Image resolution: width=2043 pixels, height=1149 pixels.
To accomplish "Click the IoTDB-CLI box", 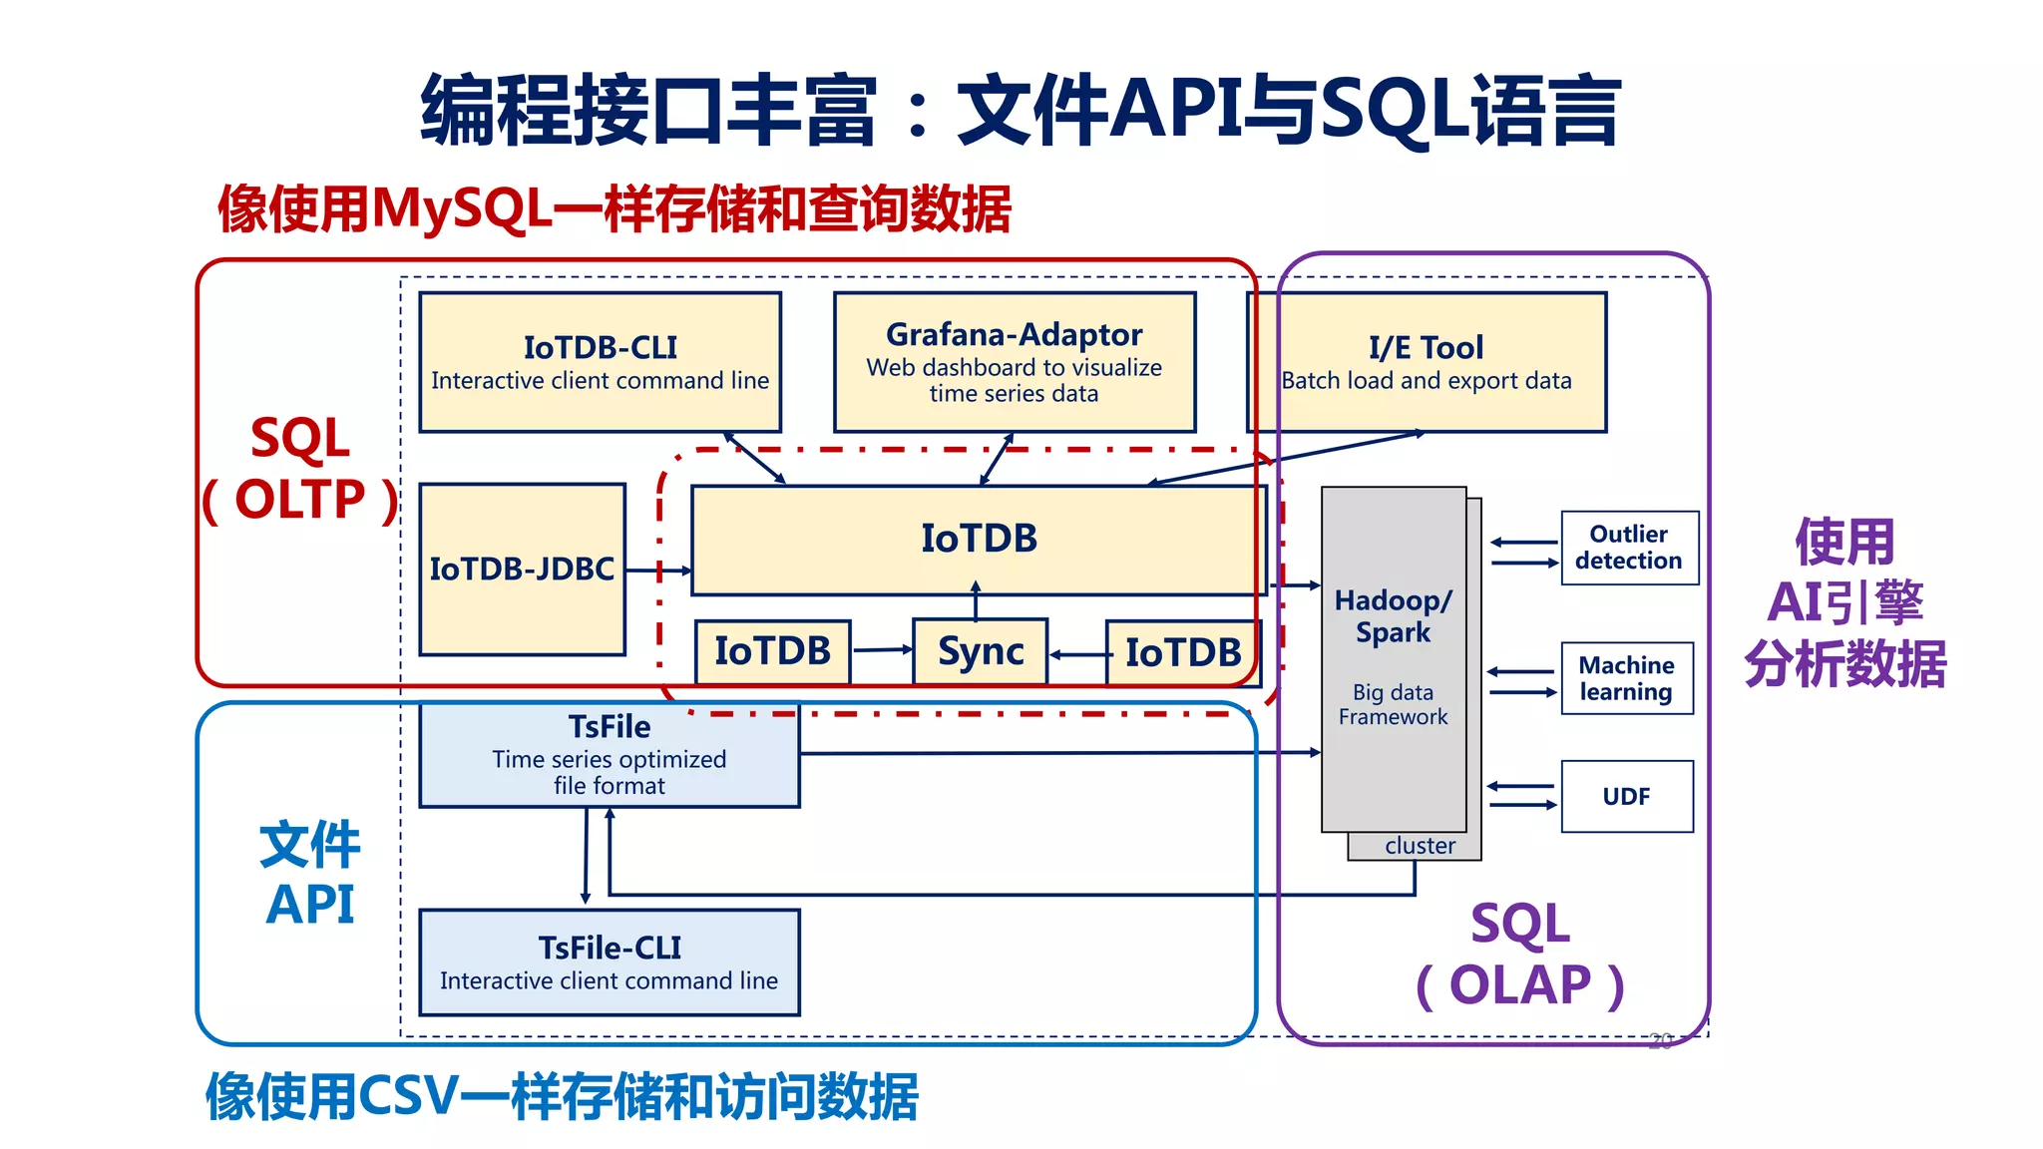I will tap(600, 362).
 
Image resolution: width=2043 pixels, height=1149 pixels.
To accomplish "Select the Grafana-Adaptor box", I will tap(1014, 362).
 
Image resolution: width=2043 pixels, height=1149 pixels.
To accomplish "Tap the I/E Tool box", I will tap(1427, 362).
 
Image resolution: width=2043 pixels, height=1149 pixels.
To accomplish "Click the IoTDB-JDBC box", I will tap(522, 570).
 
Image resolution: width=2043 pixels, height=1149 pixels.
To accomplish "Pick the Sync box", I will tap(980, 651).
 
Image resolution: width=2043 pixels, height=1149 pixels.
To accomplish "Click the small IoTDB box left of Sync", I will tap(772, 651).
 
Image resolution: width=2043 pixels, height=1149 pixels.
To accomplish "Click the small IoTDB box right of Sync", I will tap(1182, 652).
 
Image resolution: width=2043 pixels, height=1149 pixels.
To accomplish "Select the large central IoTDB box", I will tap(978, 540).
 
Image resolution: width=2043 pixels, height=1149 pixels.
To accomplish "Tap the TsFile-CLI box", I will tap(609, 962).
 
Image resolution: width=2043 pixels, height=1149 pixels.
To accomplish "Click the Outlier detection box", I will tap(1628, 548).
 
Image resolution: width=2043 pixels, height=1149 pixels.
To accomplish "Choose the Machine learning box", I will tap(1626, 678).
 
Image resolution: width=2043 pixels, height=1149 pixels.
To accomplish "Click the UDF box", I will tap(1626, 796).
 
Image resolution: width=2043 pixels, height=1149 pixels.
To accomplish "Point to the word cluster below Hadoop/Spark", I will tap(1420, 846).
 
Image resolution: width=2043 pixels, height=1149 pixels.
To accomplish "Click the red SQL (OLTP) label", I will tap(300, 469).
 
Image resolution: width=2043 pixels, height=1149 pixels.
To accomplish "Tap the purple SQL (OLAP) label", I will tap(1520, 955).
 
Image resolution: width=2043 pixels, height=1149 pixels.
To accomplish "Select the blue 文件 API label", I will tap(309, 875).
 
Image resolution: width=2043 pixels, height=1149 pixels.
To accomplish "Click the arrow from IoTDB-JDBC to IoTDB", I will tap(658, 571).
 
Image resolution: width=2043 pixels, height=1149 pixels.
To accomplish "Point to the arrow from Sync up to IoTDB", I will tap(976, 601).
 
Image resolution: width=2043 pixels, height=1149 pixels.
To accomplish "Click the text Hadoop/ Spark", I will tap(1393, 616).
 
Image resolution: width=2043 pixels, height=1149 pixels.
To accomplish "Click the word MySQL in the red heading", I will tap(462, 209).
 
